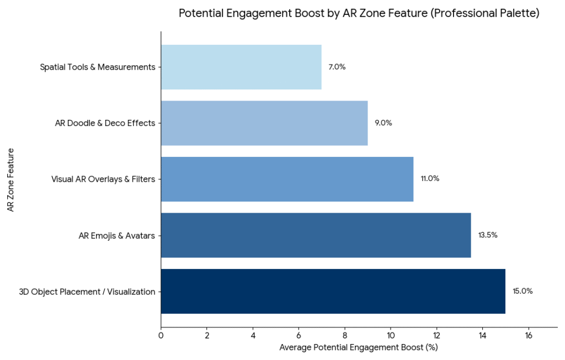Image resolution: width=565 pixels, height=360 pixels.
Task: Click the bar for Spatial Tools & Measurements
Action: [241, 67]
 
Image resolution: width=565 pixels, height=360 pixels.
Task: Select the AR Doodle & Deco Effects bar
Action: [264, 123]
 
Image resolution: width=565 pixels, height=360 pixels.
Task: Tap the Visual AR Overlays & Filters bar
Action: [287, 179]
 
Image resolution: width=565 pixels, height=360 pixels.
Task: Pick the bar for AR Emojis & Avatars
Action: [316, 235]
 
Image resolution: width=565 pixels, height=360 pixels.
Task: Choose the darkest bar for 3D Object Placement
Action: [333, 291]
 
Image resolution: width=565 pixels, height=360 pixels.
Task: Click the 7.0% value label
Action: [337, 67]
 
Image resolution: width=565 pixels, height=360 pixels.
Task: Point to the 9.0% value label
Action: [383, 123]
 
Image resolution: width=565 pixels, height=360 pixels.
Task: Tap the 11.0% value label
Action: [430, 179]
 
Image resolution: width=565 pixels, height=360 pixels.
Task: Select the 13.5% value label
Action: [488, 235]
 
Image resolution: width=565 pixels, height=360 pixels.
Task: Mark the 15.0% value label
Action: [523, 291]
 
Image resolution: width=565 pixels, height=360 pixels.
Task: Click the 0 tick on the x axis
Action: [161, 335]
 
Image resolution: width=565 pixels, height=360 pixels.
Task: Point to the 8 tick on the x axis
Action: [345, 335]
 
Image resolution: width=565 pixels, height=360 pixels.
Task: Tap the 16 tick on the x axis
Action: [529, 335]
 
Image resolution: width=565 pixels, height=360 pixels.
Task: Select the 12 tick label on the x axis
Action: [436, 335]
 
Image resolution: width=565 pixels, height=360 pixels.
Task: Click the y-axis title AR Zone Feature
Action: [10, 179]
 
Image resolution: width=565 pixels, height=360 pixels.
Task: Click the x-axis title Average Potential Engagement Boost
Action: [358, 347]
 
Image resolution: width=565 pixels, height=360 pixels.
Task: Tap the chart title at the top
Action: [359, 14]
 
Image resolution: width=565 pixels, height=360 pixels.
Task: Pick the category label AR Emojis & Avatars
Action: [117, 236]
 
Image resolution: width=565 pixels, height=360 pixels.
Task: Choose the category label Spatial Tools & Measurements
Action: [97, 67]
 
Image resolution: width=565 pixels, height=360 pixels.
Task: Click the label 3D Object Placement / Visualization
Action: [87, 292]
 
